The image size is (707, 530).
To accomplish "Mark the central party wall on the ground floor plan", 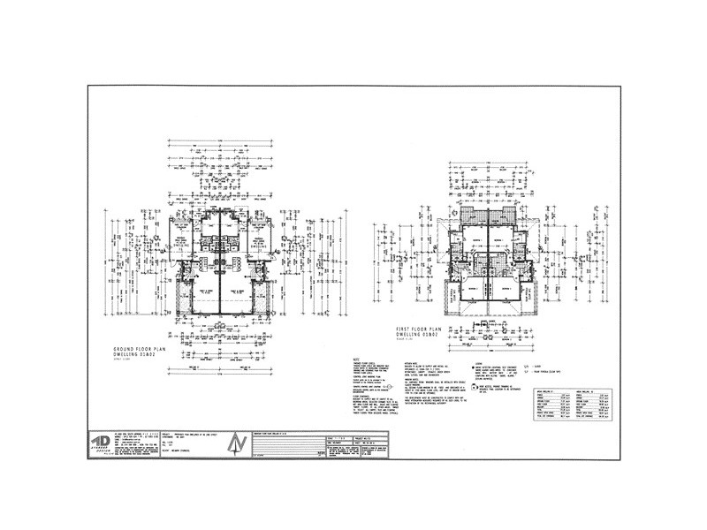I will point(217,274).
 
